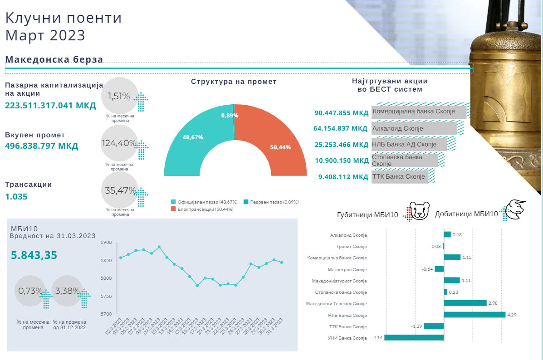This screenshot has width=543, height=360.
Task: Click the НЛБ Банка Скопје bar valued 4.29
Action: (475, 315)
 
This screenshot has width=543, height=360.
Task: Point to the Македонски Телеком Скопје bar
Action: (465, 303)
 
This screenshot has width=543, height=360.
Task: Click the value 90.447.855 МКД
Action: (342, 113)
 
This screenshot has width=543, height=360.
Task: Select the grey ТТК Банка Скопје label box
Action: (399, 177)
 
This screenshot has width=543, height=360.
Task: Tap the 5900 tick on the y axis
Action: (106, 243)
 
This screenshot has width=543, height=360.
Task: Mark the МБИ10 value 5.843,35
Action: (34, 255)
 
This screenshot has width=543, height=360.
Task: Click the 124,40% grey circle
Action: (119, 143)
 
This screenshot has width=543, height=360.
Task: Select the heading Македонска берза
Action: (54, 59)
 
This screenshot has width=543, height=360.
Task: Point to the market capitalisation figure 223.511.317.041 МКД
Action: (50, 106)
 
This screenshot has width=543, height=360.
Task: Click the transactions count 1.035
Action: (16, 197)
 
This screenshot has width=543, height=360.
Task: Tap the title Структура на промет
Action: (234, 82)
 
